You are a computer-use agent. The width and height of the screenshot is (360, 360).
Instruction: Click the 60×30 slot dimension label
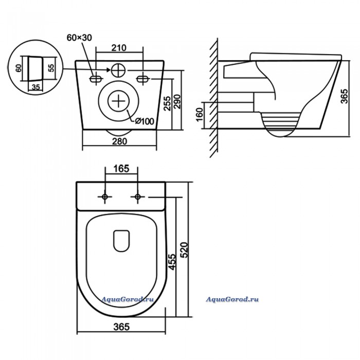(x=79, y=38)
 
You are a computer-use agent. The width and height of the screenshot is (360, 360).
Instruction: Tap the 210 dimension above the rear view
(x=119, y=48)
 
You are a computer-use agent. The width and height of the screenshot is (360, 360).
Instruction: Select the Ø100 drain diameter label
(x=145, y=121)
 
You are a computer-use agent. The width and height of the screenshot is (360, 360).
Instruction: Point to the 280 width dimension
(x=119, y=141)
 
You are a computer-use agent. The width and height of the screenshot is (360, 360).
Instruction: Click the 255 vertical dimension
(x=168, y=103)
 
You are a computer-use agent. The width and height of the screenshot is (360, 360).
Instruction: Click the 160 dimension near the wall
(x=200, y=114)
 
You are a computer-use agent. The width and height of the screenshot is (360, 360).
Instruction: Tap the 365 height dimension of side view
(x=345, y=96)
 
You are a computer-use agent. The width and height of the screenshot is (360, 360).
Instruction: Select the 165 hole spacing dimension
(x=121, y=169)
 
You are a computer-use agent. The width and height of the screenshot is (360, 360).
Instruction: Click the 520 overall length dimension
(x=185, y=250)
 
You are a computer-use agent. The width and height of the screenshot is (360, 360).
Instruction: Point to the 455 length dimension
(x=172, y=262)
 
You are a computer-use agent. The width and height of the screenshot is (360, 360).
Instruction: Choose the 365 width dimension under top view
(x=121, y=327)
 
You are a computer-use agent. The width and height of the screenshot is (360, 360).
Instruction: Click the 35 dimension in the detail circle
(x=36, y=87)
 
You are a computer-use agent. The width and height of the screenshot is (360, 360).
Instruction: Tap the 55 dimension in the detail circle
(x=52, y=67)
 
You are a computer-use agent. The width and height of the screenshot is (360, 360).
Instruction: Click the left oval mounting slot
(x=96, y=79)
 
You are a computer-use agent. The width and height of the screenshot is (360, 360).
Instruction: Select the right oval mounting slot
(x=143, y=79)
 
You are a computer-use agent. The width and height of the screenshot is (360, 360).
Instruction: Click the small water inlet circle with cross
(x=118, y=70)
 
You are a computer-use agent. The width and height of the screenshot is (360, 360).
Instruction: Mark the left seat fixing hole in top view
(x=105, y=197)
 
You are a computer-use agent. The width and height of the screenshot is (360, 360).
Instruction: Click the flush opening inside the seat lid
(x=121, y=241)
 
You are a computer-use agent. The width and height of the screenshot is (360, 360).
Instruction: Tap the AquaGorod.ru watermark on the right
(x=232, y=299)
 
